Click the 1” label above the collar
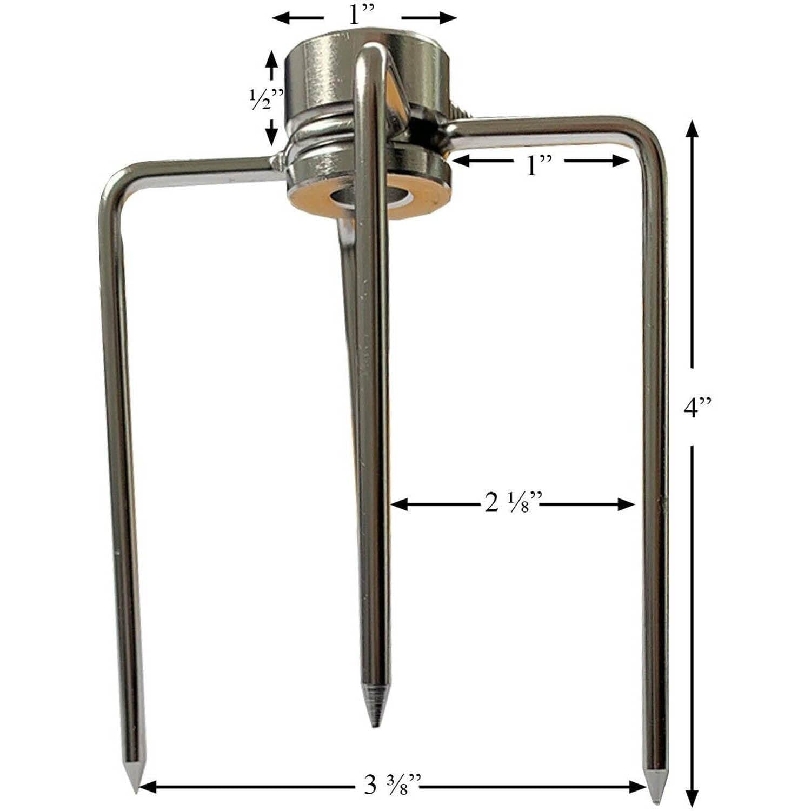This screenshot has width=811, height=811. coord(361,16)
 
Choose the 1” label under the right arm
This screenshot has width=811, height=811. coord(538,165)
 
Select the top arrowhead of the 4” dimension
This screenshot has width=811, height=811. coord(692,130)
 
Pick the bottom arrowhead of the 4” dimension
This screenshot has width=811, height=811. coord(692,797)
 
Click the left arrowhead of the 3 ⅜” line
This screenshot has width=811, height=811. coord(145,786)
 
